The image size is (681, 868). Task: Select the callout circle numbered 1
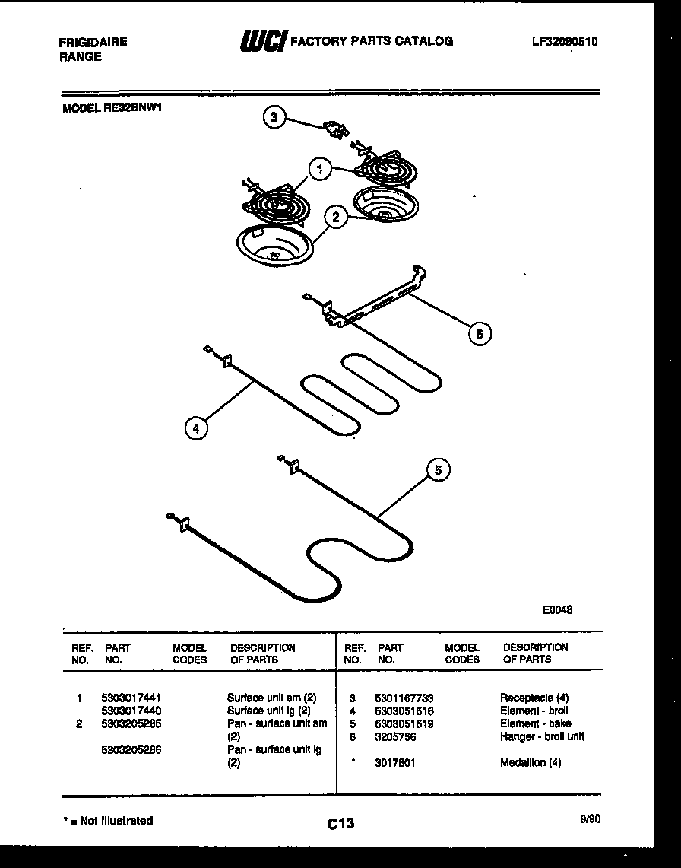click(321, 170)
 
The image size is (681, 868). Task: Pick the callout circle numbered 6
click(479, 333)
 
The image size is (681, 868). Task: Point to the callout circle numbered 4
click(196, 428)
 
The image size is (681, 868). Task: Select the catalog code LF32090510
click(565, 42)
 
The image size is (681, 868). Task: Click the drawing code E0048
click(557, 609)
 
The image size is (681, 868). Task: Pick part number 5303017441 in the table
click(131, 697)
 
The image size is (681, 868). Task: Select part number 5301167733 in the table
click(404, 697)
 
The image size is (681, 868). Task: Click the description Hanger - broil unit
click(542, 736)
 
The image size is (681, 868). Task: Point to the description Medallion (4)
click(531, 762)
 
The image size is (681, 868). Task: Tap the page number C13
click(340, 823)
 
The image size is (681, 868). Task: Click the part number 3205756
click(395, 736)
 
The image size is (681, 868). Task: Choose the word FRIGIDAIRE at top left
click(93, 43)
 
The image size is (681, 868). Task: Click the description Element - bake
click(536, 723)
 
